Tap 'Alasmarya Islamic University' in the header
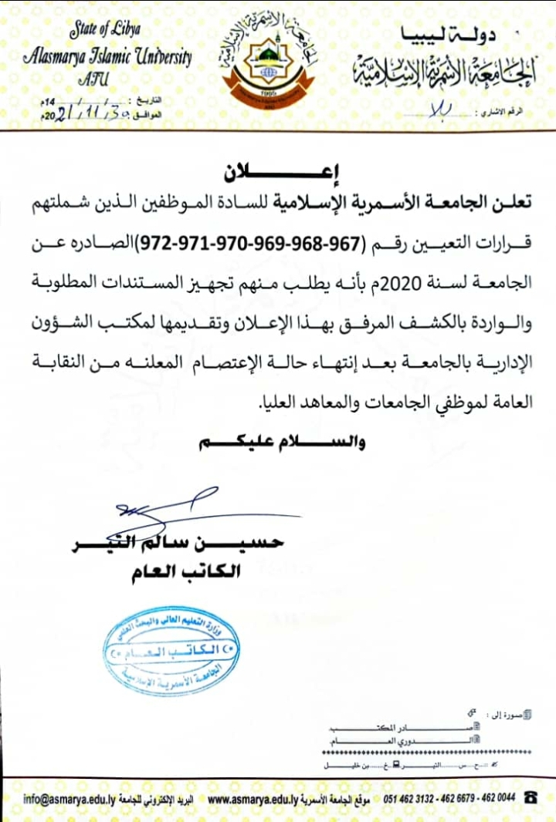(x=107, y=56)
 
